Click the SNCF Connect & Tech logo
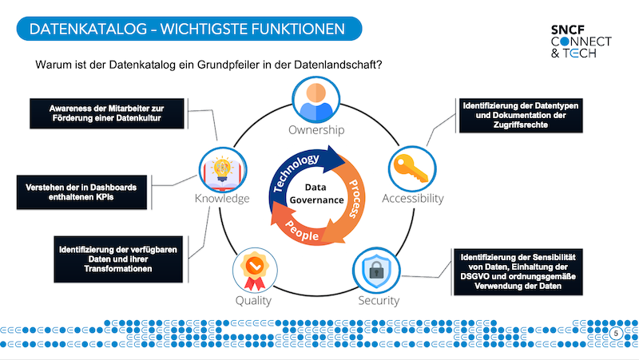(x=581, y=41)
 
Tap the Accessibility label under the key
(x=412, y=199)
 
